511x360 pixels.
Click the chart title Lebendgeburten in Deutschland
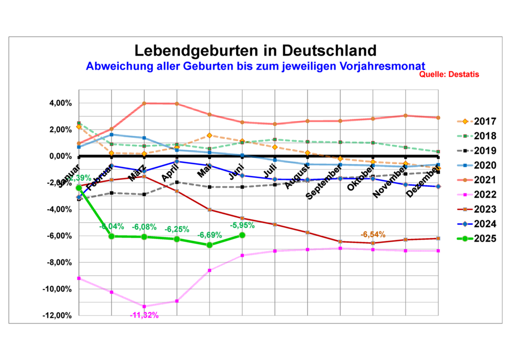(x=255, y=50)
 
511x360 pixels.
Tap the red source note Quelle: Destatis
(x=449, y=74)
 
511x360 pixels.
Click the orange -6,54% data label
(x=373, y=234)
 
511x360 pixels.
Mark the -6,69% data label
(x=209, y=235)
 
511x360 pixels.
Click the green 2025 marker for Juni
(x=242, y=235)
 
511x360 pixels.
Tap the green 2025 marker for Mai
(x=210, y=245)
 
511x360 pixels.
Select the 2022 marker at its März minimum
(x=144, y=306)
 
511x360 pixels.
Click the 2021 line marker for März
(x=144, y=103)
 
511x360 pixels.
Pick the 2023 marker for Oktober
(x=373, y=243)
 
